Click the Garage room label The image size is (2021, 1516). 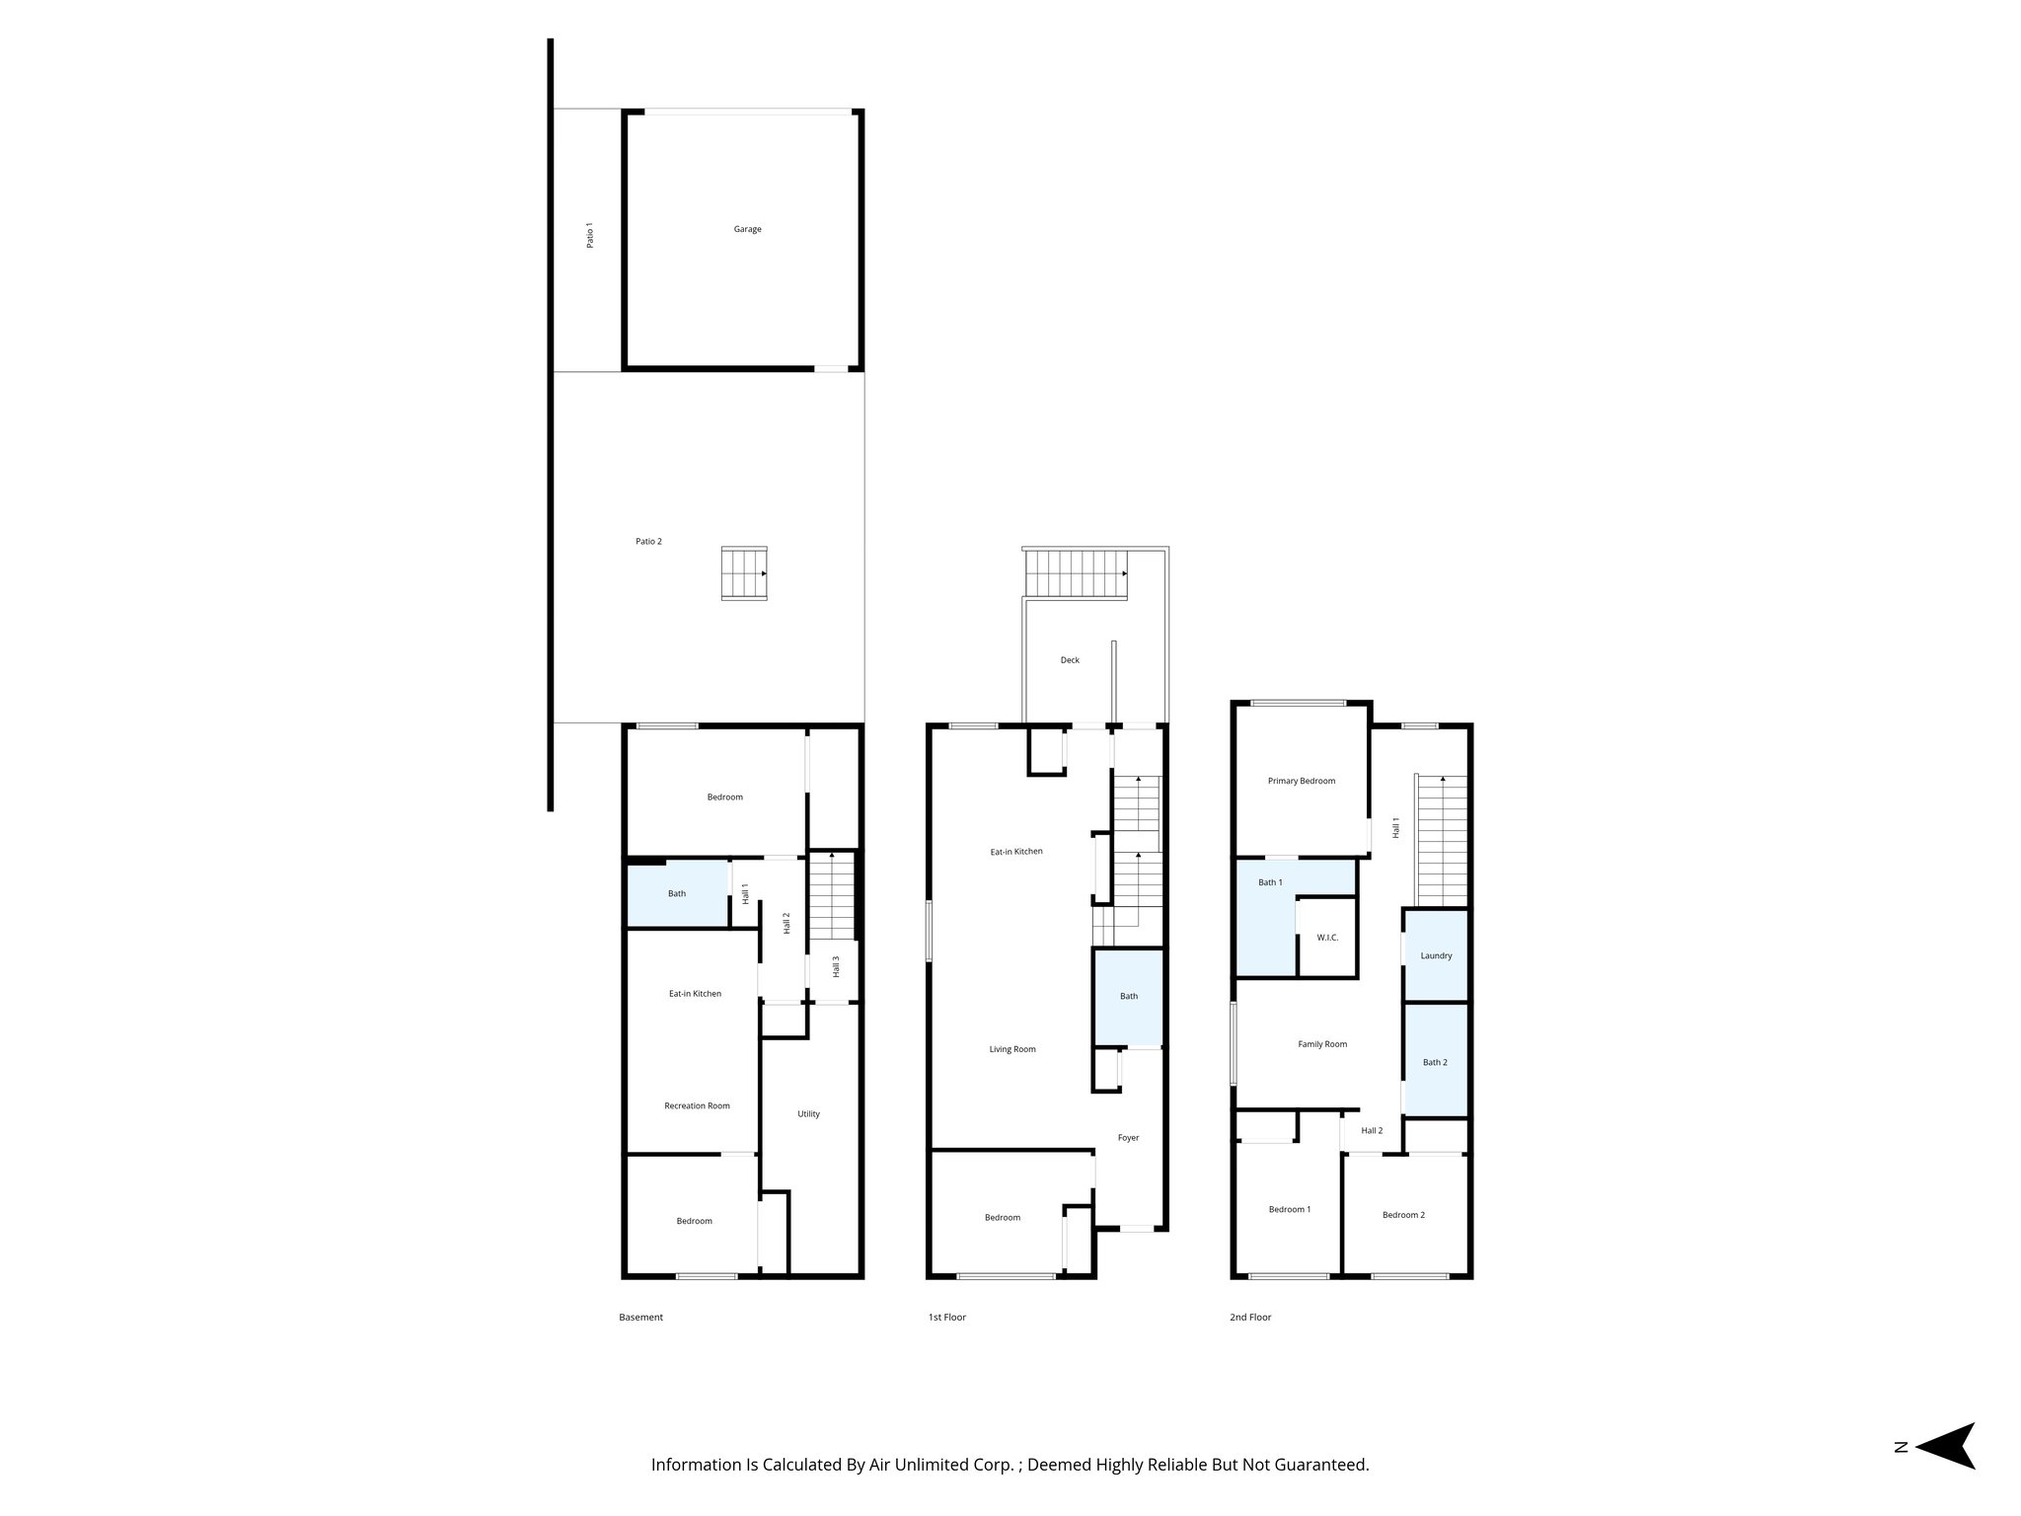747,229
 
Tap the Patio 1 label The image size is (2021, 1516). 590,235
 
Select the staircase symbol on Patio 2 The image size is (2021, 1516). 744,573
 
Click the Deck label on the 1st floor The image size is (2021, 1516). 1070,660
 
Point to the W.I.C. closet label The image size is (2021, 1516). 1327,938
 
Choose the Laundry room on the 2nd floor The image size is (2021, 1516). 1436,955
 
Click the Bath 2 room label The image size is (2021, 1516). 1435,1063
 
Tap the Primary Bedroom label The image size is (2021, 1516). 1301,781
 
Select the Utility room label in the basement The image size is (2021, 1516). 808,1114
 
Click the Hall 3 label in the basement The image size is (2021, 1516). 836,966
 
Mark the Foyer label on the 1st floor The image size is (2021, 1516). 1128,1138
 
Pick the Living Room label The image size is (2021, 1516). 1012,1049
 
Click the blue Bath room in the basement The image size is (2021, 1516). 677,894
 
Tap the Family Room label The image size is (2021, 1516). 1321,1044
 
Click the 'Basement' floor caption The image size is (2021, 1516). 640,1318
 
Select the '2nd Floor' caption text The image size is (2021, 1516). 1250,1318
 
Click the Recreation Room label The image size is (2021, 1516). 697,1106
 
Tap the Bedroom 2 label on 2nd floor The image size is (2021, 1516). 1403,1215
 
